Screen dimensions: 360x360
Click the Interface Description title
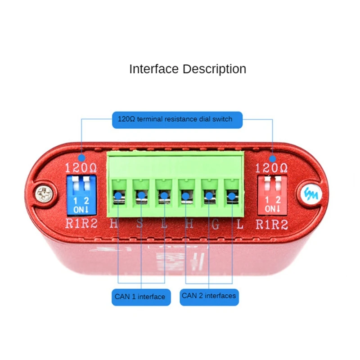[188, 69]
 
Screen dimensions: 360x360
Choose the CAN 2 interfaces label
[209, 296]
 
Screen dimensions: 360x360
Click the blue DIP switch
[81, 195]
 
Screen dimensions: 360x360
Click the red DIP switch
[271, 195]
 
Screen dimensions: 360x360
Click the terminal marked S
[141, 196]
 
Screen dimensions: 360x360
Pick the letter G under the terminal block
[216, 224]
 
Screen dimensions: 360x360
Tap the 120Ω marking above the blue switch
[81, 169]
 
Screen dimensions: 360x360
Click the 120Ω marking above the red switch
[271, 169]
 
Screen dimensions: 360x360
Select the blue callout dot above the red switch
[273, 159]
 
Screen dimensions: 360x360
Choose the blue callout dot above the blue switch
[81, 158]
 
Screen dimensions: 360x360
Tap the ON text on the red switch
[271, 209]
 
